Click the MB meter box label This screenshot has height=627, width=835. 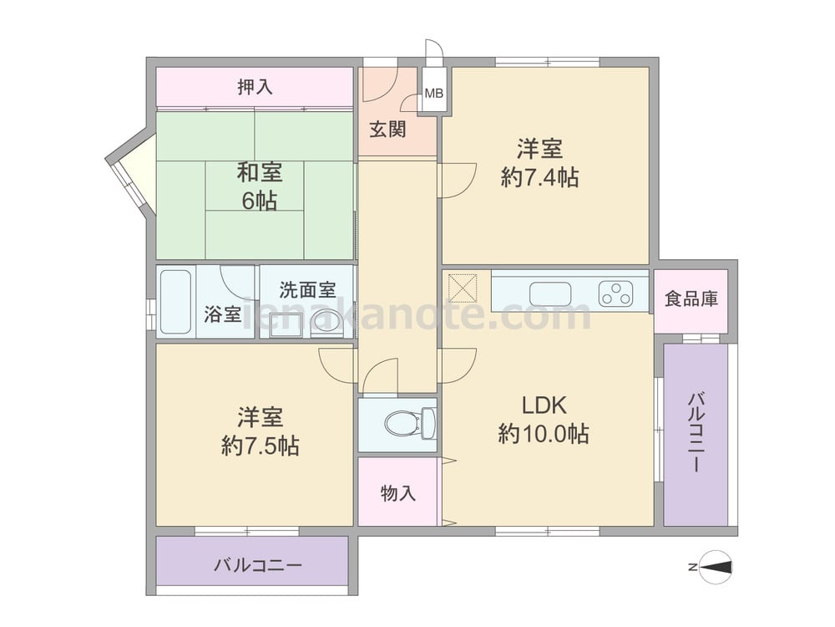coord(434,94)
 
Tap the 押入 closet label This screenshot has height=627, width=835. coord(255,87)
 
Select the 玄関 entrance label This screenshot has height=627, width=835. coord(387,129)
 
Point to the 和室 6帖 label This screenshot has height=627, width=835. coord(260,186)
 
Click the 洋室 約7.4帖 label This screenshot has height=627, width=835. coord(539,163)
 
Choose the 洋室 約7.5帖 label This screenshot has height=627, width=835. coord(260,431)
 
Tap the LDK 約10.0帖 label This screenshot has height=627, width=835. coord(544,420)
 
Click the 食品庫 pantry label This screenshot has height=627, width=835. coord(691,298)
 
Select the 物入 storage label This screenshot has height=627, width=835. coord(397,493)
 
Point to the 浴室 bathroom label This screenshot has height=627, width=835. coord(222,314)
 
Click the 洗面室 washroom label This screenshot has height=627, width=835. coord(308,289)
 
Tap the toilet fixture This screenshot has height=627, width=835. coord(410,423)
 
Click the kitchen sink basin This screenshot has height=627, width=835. coord(550,294)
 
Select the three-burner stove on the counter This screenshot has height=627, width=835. coord(615,294)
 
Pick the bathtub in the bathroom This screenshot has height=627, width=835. coord(175,302)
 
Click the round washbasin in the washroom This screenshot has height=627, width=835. coord(326,322)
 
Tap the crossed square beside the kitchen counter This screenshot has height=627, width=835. coord(463,288)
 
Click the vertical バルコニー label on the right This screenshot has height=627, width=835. coord(696,433)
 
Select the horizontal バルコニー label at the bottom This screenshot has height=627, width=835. coord(258,565)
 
